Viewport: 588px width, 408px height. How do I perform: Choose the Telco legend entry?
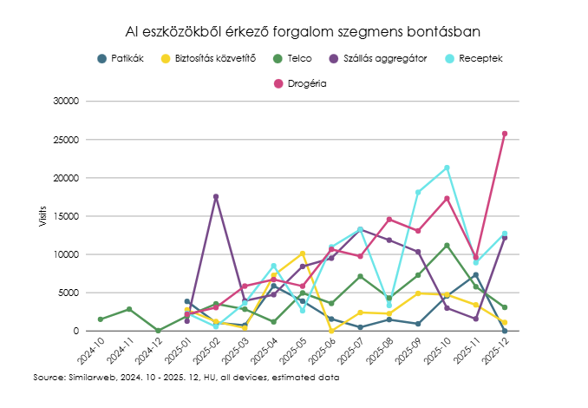290,58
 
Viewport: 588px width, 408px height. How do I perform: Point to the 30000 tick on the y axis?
66,101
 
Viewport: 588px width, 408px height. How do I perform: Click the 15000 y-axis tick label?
66,216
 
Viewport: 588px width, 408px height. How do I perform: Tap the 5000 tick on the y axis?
69,293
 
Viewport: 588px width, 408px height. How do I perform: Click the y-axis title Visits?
42,216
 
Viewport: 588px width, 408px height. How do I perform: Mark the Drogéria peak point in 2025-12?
505,134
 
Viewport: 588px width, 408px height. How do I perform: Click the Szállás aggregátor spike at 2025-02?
216,197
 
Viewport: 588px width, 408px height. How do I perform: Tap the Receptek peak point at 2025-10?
447,168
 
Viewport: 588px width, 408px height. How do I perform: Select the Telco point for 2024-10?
101,319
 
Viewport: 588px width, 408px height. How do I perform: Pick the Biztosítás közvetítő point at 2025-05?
303,253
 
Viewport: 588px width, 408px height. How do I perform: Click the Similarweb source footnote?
186,378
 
